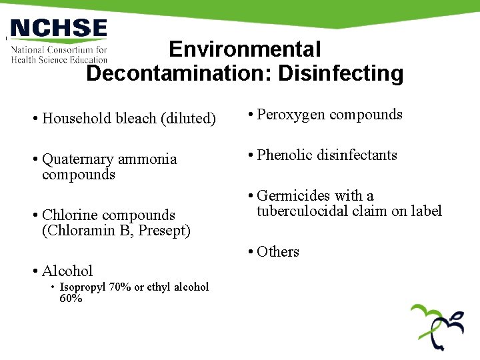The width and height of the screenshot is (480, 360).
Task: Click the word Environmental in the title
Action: point(245,49)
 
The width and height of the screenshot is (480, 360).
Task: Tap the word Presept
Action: point(164,231)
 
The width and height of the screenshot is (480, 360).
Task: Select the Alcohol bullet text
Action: point(67,271)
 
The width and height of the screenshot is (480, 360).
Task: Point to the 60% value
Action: point(71,299)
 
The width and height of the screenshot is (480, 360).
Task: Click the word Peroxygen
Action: point(287,115)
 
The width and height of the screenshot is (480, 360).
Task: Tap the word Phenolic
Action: point(283,155)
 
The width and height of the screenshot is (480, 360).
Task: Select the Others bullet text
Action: point(277,252)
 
